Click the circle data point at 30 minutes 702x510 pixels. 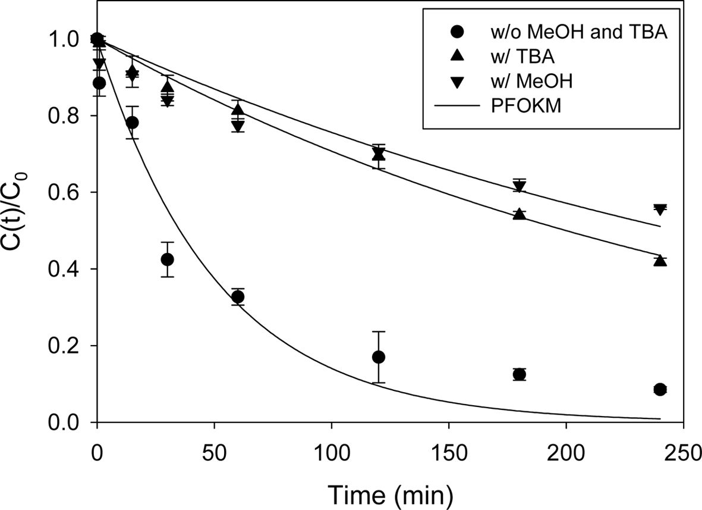tap(168, 259)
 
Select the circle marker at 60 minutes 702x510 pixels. tap(238, 297)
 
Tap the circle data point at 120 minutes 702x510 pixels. tap(378, 357)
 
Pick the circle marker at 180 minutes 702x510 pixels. tap(519, 374)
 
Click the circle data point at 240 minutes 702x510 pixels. tap(659, 389)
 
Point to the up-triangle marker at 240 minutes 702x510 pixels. tap(659, 261)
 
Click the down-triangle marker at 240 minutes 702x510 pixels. tap(659, 209)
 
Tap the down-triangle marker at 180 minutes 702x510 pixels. tap(519, 186)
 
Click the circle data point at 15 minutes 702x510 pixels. tap(133, 123)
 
